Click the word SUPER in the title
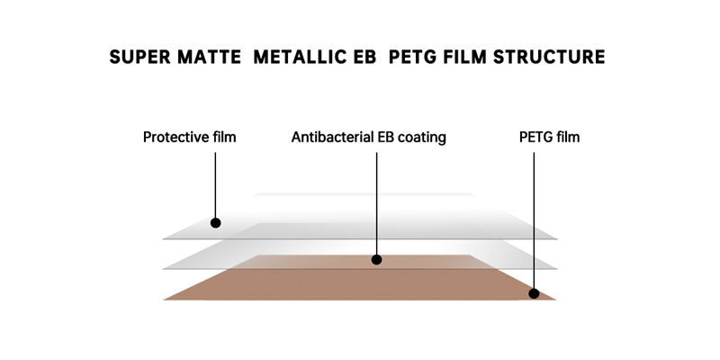click(x=139, y=57)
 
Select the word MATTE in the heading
click(x=209, y=57)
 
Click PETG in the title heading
click(x=412, y=57)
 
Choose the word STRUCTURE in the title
click(x=549, y=57)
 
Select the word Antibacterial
click(x=332, y=137)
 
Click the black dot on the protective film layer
click(x=215, y=222)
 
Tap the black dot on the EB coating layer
click(x=376, y=260)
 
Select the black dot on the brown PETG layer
click(x=534, y=293)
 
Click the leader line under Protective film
click(x=215, y=185)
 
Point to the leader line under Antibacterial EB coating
click(x=376, y=204)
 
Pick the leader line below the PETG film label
click(x=534, y=220)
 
